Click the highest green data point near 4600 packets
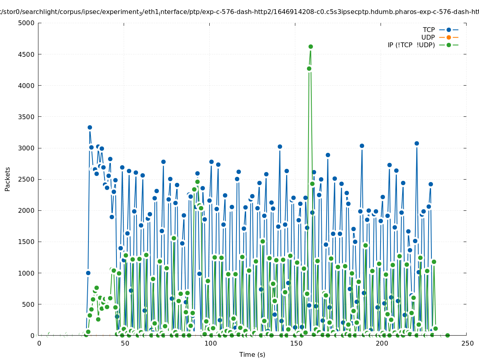click(311, 47)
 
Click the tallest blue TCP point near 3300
click(90, 128)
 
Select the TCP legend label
click(429, 30)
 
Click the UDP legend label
click(428, 38)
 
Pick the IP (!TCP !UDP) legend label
click(411, 45)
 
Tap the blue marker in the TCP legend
click(449, 30)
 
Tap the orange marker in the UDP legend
click(449, 38)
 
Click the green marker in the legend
click(449, 45)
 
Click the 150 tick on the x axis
click(296, 344)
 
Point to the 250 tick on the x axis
click(467, 344)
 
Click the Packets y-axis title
click(8, 179)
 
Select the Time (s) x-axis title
click(252, 355)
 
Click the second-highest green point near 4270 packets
click(309, 69)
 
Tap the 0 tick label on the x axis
click(39, 344)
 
